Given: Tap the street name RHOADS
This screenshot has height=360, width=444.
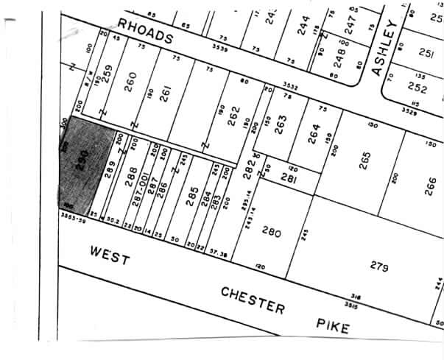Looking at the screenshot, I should (x=145, y=34).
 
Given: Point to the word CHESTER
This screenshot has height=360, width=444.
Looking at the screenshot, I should (x=252, y=300).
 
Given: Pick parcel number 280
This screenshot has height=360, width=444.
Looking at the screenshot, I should (x=272, y=233).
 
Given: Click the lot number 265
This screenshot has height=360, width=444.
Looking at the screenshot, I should (x=364, y=160).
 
